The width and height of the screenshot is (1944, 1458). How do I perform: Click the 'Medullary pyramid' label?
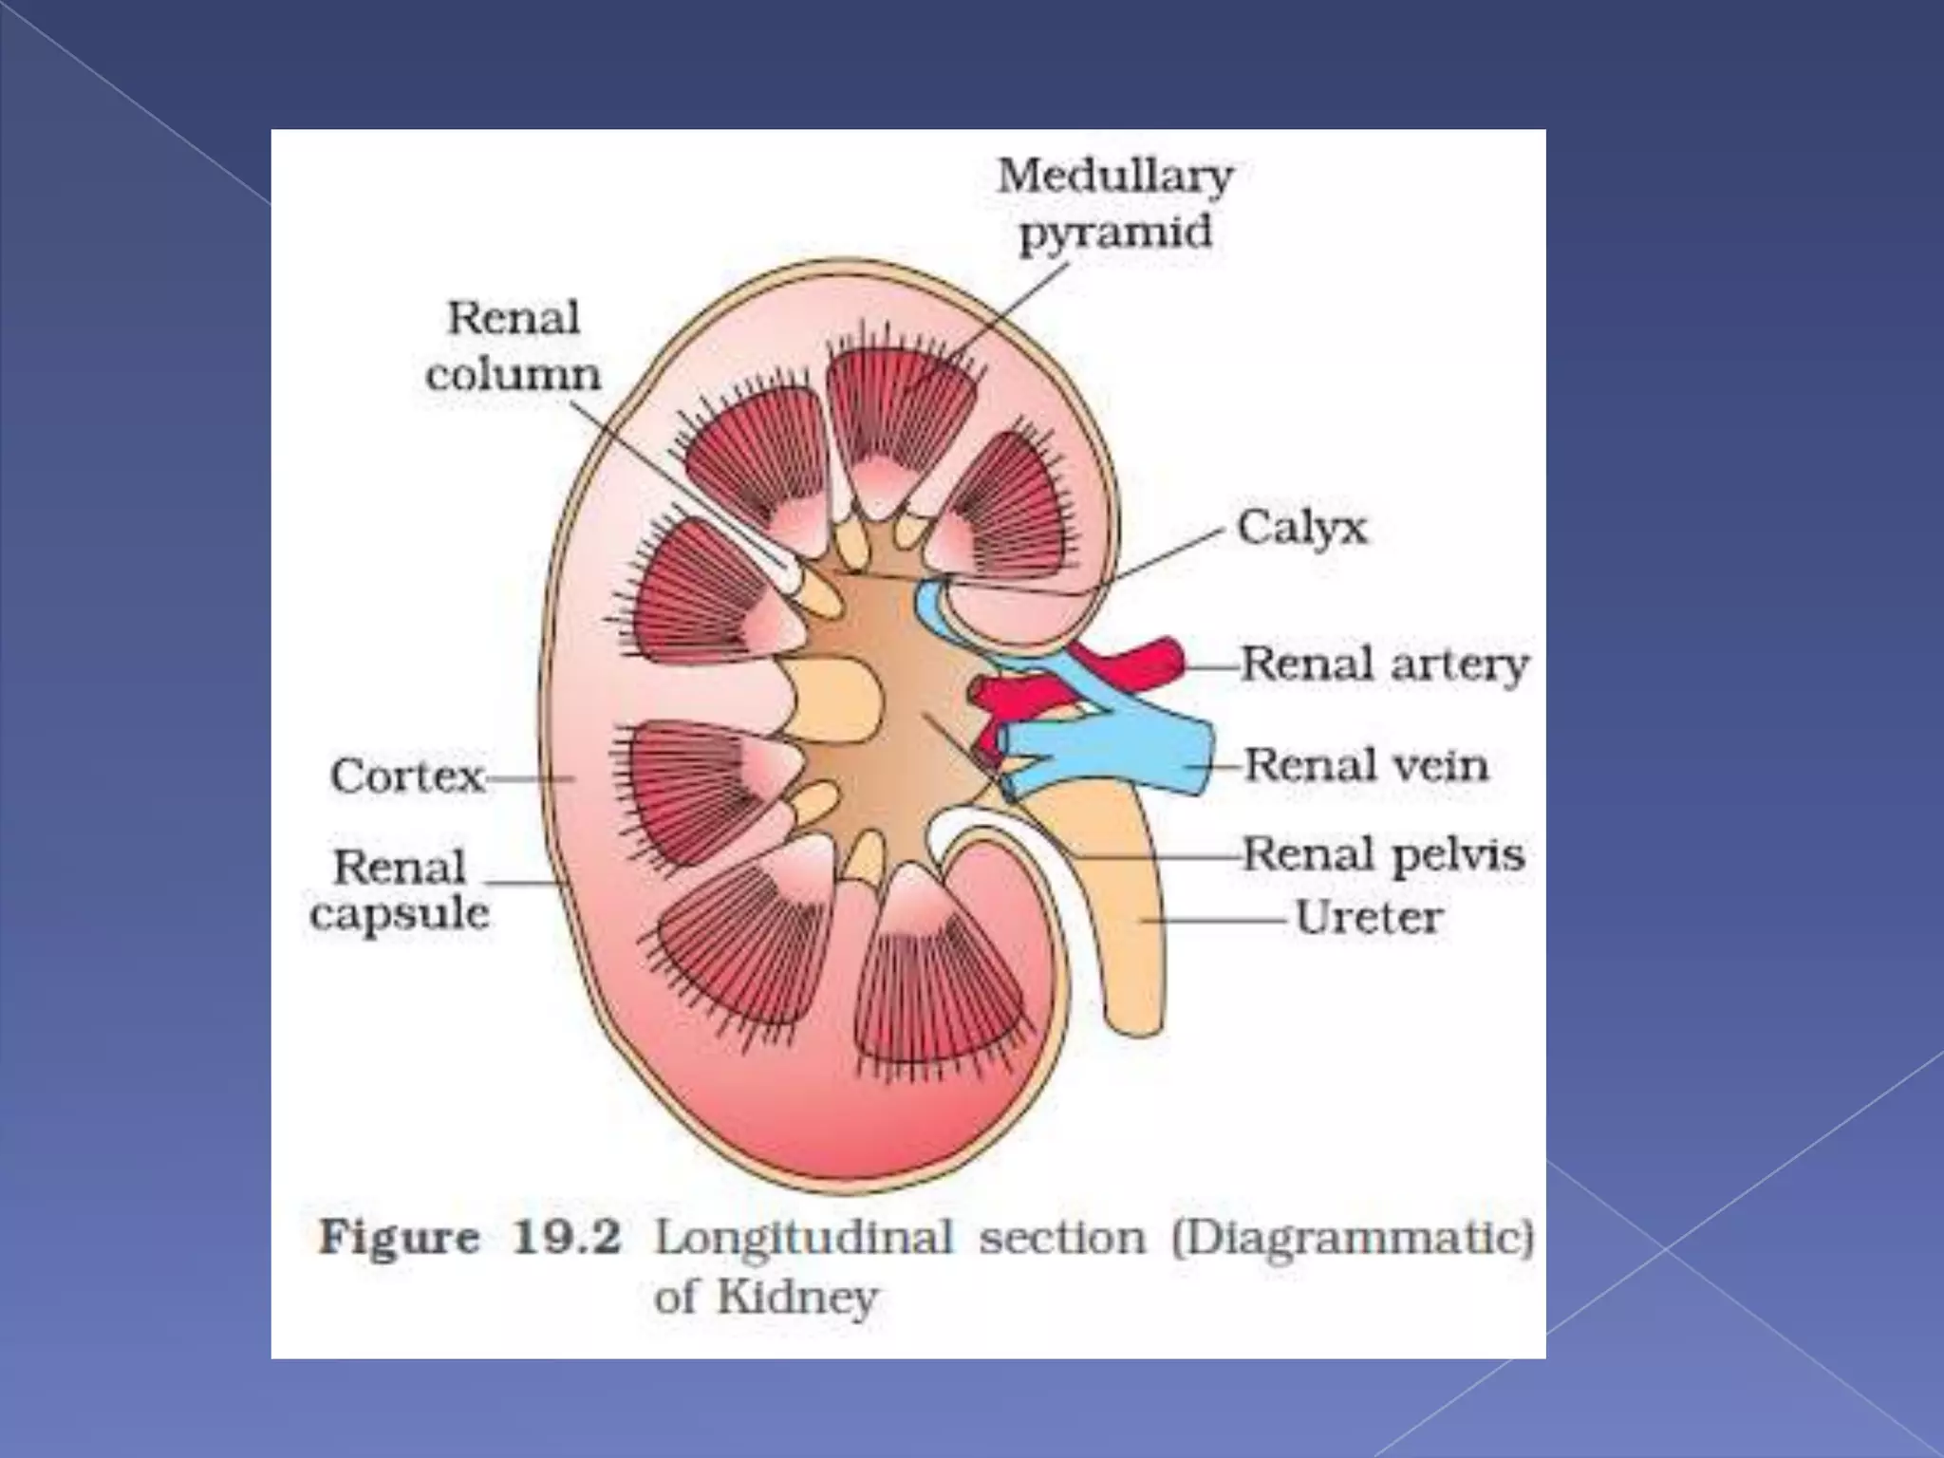pos(1114,204)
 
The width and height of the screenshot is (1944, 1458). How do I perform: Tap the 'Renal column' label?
pos(514,346)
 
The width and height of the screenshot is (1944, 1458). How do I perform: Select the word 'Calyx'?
pos(1301,528)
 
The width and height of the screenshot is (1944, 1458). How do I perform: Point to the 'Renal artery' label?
pos(1384,664)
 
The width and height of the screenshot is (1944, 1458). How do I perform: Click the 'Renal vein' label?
pos(1365,765)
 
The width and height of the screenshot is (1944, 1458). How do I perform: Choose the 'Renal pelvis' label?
pos(1383,854)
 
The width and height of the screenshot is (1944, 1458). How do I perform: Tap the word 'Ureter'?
pos(1368,918)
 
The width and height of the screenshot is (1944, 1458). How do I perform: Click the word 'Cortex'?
pos(407,776)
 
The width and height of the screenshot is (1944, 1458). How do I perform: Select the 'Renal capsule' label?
pos(400,890)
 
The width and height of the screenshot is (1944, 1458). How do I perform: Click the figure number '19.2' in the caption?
pos(567,1238)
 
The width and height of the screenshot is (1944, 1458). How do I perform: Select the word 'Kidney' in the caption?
pos(796,1298)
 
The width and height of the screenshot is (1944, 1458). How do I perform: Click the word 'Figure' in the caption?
pos(399,1238)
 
